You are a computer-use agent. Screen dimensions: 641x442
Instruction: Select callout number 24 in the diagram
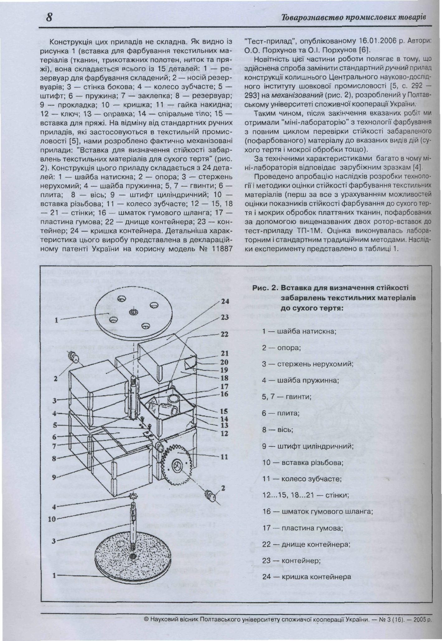click(x=225, y=302)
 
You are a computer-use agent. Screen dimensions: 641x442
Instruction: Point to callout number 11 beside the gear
click(x=224, y=457)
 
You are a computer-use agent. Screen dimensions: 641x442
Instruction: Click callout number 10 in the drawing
click(x=52, y=519)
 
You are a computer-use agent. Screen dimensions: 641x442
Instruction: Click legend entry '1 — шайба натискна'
click(x=299, y=331)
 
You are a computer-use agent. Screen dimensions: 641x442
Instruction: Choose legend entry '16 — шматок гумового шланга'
click(x=317, y=511)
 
